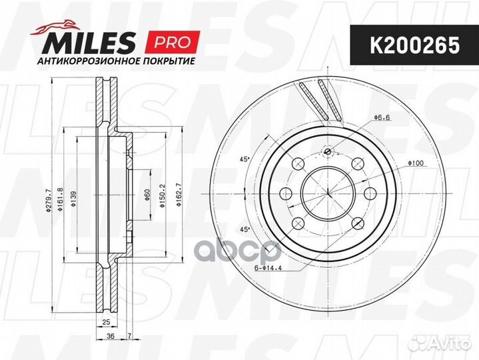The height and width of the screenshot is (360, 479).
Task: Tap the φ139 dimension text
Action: tap(73, 199)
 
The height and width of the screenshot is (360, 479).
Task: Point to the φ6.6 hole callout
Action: tap(382, 117)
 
